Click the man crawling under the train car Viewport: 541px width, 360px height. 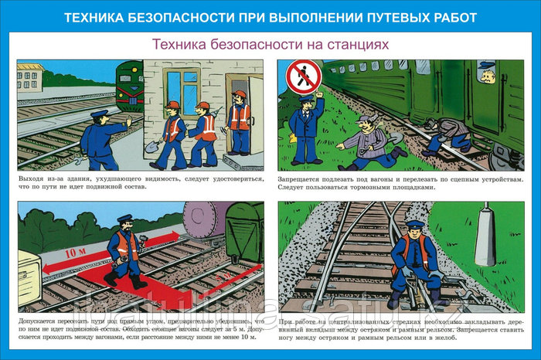pyautogui.click(x=441, y=135)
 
